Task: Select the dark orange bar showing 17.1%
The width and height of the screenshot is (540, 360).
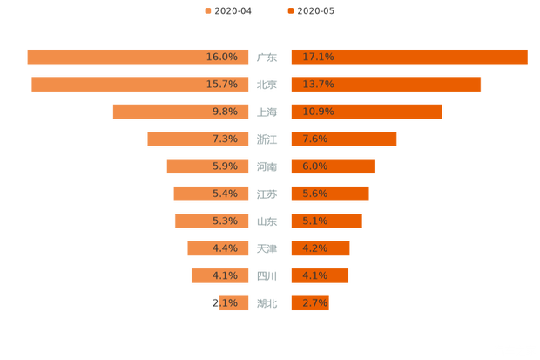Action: [x=409, y=57]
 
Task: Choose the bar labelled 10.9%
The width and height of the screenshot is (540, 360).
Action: [x=367, y=112]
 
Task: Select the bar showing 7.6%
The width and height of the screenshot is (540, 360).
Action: [x=344, y=139]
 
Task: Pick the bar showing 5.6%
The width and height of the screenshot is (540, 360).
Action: [x=330, y=194]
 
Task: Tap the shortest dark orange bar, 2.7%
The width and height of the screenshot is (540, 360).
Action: [x=310, y=303]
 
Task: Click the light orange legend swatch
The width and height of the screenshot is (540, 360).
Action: [x=207, y=11]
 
